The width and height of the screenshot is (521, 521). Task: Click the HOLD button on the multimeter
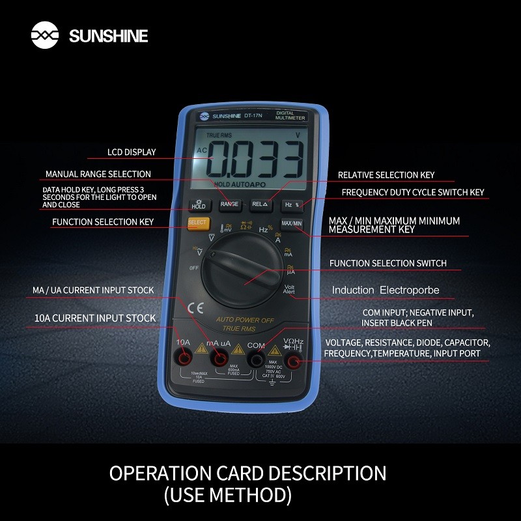[198, 204]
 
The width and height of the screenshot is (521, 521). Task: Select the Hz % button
[292, 204]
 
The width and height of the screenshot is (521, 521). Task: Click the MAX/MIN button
[292, 224]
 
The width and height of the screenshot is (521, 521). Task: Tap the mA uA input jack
[220, 360]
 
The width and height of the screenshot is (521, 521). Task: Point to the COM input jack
[257, 360]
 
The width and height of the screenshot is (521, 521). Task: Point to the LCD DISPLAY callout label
[132, 152]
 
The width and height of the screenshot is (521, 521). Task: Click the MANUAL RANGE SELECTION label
[98, 175]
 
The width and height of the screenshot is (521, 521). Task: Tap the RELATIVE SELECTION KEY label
[386, 175]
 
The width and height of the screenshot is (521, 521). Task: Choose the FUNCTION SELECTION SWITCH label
[387, 263]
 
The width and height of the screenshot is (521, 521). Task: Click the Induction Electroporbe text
[386, 290]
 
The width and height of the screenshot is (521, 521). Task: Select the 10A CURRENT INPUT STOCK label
[94, 318]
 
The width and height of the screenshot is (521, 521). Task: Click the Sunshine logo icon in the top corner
[45, 35]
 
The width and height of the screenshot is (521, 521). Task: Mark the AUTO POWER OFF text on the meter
[246, 320]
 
